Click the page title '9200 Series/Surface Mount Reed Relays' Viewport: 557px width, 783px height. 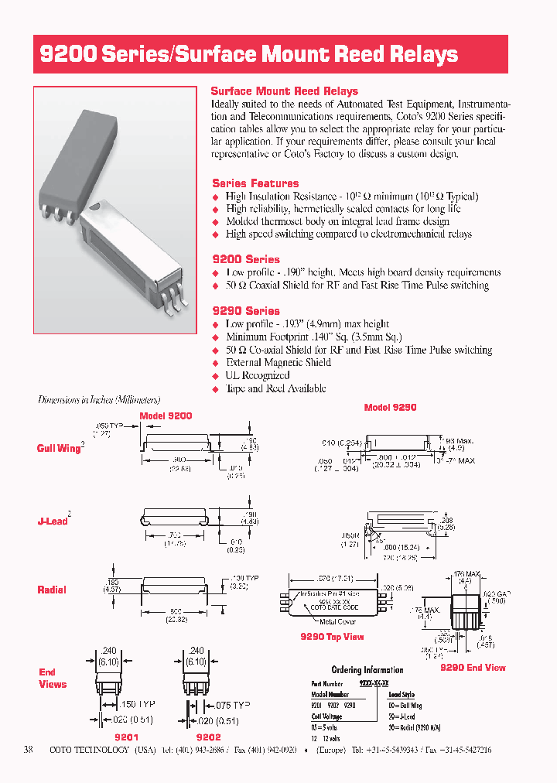click(x=249, y=55)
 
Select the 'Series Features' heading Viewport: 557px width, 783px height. click(x=255, y=183)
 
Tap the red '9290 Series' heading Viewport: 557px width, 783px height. click(x=246, y=310)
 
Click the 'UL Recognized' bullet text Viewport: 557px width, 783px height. click(x=258, y=375)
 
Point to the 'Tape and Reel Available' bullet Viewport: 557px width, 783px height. click(x=275, y=388)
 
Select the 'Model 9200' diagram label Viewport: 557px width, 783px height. click(x=166, y=415)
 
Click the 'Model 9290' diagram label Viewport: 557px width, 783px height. click(x=390, y=408)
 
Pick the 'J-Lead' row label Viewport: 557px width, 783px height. click(x=53, y=521)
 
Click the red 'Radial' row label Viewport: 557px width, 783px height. click(x=52, y=590)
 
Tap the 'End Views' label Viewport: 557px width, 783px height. click(x=53, y=678)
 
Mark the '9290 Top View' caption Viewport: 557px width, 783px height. click(x=332, y=637)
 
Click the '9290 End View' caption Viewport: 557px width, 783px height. click(x=473, y=667)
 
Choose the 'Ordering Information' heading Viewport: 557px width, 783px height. click(x=367, y=670)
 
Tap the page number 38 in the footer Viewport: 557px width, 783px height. click(x=29, y=750)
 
